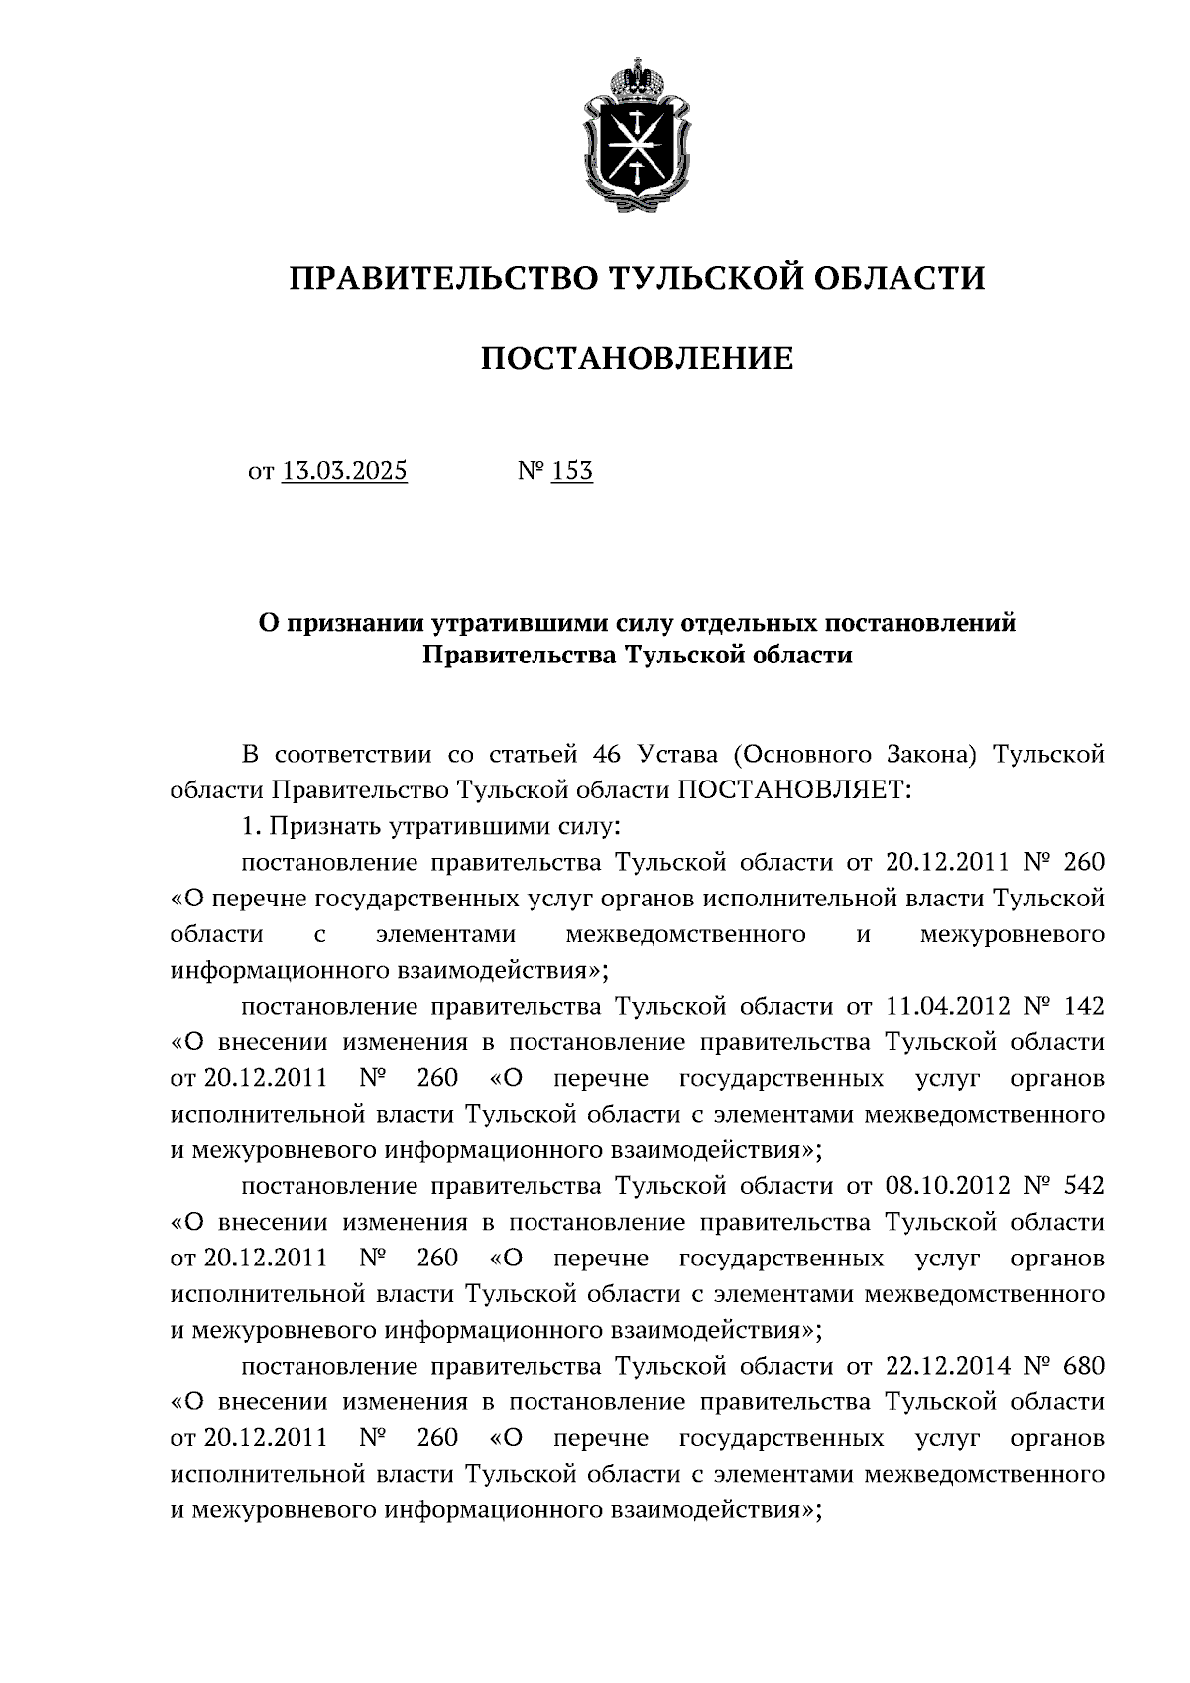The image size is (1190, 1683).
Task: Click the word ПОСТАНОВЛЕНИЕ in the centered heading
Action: [x=637, y=358]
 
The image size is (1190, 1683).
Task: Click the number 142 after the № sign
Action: [x=1082, y=1006]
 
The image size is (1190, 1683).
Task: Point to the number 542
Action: [x=1082, y=1185]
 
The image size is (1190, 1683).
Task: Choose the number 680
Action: [x=1082, y=1365]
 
